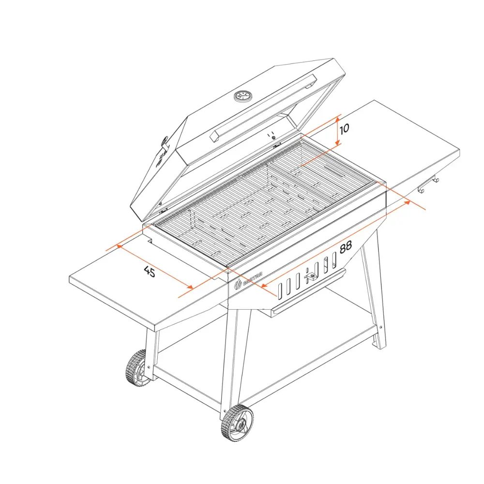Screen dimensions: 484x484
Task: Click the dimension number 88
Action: pyautogui.click(x=345, y=247)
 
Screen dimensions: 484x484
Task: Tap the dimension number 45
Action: pyautogui.click(x=150, y=272)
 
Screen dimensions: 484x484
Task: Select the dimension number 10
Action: pyautogui.click(x=344, y=129)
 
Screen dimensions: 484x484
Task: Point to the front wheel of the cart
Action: pyautogui.click(x=237, y=423)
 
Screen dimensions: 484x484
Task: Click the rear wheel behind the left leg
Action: pyautogui.click(x=137, y=368)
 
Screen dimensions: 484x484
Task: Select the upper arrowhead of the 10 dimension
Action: pyautogui.click(x=338, y=117)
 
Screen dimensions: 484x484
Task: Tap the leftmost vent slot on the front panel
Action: pyautogui.click(x=279, y=290)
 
